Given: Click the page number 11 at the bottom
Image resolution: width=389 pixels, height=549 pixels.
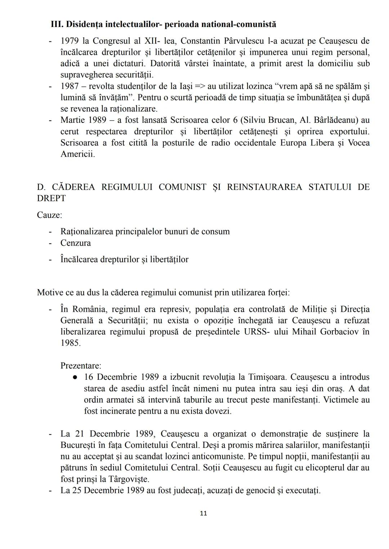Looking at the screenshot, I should pyautogui.click(x=203, y=513).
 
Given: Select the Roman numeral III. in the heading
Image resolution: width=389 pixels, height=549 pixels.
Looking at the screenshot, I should pyautogui.click(x=57, y=24).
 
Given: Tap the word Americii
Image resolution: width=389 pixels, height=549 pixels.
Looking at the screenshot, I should pyautogui.click(x=78, y=154).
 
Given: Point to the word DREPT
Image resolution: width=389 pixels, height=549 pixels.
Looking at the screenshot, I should pyautogui.click(x=51, y=198).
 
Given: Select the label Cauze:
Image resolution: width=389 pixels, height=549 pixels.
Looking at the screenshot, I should pyautogui.click(x=49, y=215).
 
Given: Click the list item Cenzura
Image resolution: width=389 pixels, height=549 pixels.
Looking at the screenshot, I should pyautogui.click(x=76, y=243).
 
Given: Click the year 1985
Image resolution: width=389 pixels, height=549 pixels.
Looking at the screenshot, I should pyautogui.click(x=71, y=343).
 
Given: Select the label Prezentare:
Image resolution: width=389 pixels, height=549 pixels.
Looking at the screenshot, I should pyautogui.click(x=81, y=366).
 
